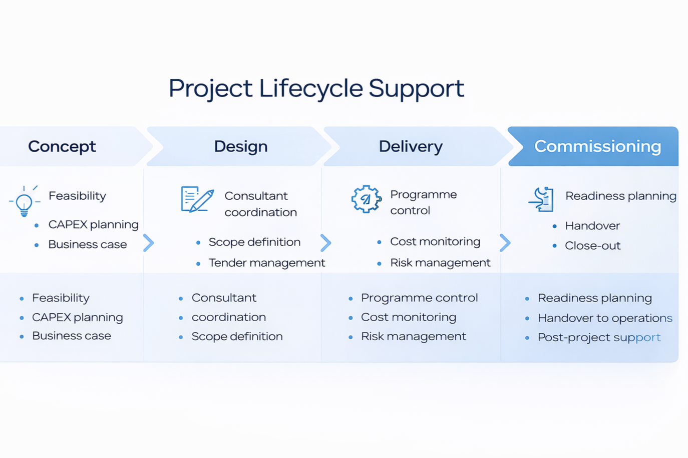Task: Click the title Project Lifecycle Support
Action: [x=316, y=88]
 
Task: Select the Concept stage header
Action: [x=62, y=146]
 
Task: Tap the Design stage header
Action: [x=241, y=146]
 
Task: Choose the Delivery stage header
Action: [x=411, y=146]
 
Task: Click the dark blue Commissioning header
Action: [x=597, y=146]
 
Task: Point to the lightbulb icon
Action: [x=24, y=201]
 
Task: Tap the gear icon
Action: [x=366, y=199]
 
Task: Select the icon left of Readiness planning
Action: [x=542, y=199]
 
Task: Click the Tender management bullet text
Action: [x=266, y=263]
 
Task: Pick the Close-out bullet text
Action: [x=592, y=246]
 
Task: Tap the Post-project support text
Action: [x=599, y=337]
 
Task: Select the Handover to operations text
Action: [x=605, y=318]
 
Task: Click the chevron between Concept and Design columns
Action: [x=149, y=243]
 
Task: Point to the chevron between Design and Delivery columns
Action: [x=326, y=243]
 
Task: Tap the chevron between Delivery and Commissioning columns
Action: [x=505, y=243]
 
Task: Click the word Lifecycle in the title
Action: [x=310, y=88]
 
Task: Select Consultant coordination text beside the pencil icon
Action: [x=260, y=204]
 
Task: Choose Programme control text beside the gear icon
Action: [x=423, y=202]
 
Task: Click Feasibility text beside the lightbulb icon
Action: [x=77, y=196]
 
